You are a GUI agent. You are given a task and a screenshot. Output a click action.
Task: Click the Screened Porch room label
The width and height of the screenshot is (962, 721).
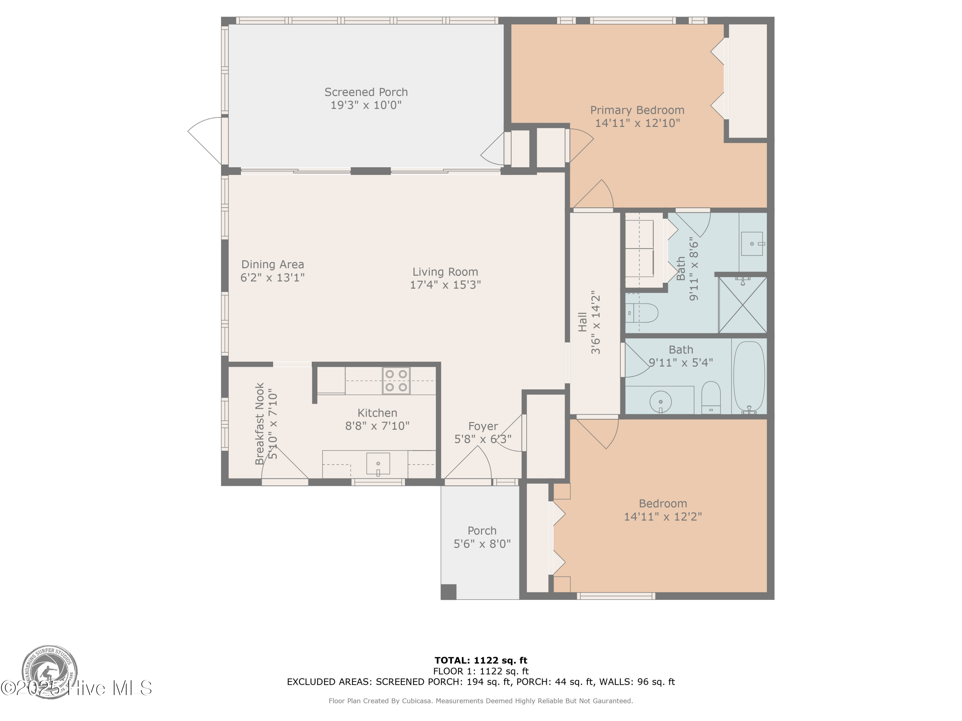tap(366, 92)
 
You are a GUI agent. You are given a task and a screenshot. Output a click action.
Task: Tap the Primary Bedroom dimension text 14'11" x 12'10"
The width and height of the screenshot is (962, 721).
tap(637, 123)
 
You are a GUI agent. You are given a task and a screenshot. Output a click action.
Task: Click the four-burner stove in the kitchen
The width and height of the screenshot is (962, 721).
tap(396, 381)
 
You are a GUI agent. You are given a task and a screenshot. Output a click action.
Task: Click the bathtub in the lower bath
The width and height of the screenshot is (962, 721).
tap(748, 377)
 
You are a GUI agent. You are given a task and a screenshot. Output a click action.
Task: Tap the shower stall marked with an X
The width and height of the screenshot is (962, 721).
tap(742, 305)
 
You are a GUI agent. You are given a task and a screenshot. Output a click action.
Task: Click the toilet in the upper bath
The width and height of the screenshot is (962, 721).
tap(643, 313)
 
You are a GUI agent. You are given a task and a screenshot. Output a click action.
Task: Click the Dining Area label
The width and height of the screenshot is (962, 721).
tap(272, 265)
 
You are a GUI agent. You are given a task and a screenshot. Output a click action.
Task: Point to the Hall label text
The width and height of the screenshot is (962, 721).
tap(583, 322)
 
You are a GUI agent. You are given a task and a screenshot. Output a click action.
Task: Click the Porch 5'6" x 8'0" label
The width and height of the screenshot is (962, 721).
tap(482, 537)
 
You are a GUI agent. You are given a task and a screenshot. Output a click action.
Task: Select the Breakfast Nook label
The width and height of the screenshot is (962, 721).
tap(260, 424)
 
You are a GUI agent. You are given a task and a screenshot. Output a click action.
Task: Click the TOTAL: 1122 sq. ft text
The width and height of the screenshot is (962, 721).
tap(481, 660)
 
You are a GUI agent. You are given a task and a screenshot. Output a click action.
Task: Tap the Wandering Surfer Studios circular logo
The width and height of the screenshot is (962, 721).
tap(50, 671)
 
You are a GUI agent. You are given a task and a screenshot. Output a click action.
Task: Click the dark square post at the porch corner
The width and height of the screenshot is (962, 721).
tap(448, 592)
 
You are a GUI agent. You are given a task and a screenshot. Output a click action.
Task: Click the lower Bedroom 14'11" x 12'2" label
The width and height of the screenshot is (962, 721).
tap(663, 510)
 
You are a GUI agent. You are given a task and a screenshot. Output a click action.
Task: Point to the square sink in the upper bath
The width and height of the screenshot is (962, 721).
tap(752, 244)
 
